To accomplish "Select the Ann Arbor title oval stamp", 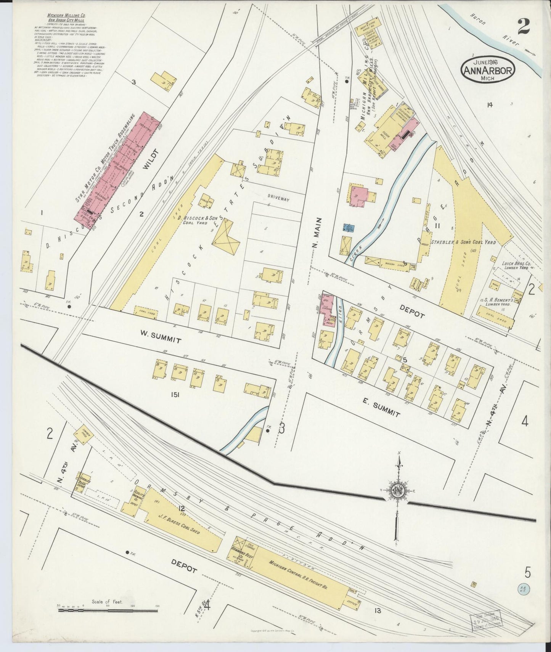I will (488, 69).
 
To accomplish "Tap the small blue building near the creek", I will (349, 228).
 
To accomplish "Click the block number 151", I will (175, 395).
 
